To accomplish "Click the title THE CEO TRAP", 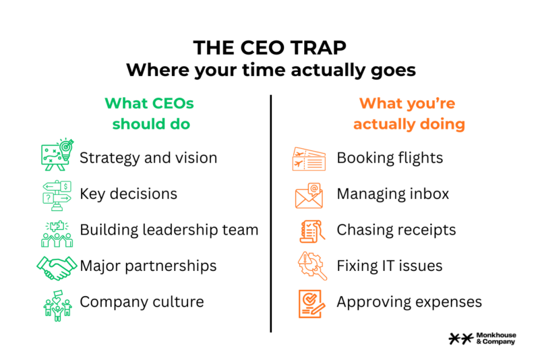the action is click(270, 48).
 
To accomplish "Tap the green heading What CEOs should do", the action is click(150, 114).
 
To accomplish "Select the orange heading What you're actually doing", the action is click(409, 114).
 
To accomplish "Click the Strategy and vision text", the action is click(148, 158).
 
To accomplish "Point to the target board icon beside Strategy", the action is click(57, 154).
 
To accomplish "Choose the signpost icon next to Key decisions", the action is click(57, 196).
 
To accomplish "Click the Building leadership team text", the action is click(169, 230).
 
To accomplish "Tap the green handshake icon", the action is click(57, 268).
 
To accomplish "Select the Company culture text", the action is click(142, 302).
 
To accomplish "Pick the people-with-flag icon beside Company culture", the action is click(57, 305).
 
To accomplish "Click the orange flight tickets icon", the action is click(309, 159).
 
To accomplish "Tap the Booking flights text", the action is click(390, 158).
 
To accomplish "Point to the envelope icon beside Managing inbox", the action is click(309, 196).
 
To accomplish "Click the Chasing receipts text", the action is click(396, 230).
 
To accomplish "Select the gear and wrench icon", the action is click(312, 266).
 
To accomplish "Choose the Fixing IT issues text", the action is click(390, 266).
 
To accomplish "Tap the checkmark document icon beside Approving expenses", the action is click(311, 303).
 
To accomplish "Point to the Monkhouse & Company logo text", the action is click(496, 338).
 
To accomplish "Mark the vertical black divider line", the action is click(271, 214).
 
